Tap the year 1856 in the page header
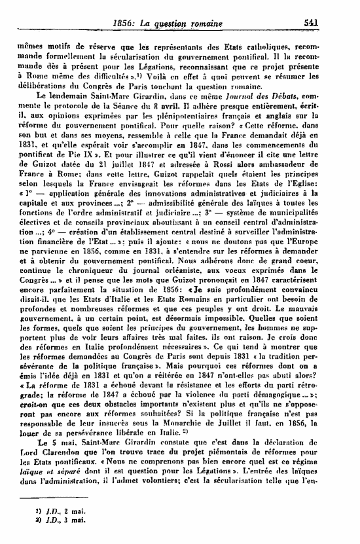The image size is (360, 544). pos(124,23)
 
